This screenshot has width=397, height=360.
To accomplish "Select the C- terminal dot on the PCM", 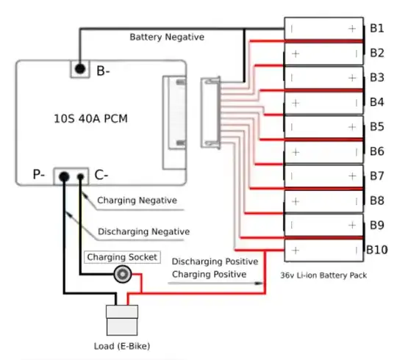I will pos(80,176).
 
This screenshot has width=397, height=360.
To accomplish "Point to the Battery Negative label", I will pos(167,36).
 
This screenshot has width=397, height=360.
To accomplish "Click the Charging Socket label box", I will pos(122,257).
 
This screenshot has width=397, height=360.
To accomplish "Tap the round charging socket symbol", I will pos(121,276).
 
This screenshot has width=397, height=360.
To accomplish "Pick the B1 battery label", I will pos(376,28).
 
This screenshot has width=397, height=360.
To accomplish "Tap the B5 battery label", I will pos(376,126).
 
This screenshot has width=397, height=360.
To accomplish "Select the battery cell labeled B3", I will pos(324,77).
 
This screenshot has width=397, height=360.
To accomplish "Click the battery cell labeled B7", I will pos(324,176).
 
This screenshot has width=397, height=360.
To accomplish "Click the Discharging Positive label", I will pos(214,262).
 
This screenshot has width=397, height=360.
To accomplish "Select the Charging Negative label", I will pos(137,200).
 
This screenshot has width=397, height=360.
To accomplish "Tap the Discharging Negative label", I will pos(144,231).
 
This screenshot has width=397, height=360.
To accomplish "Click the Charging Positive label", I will pos(209,275).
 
